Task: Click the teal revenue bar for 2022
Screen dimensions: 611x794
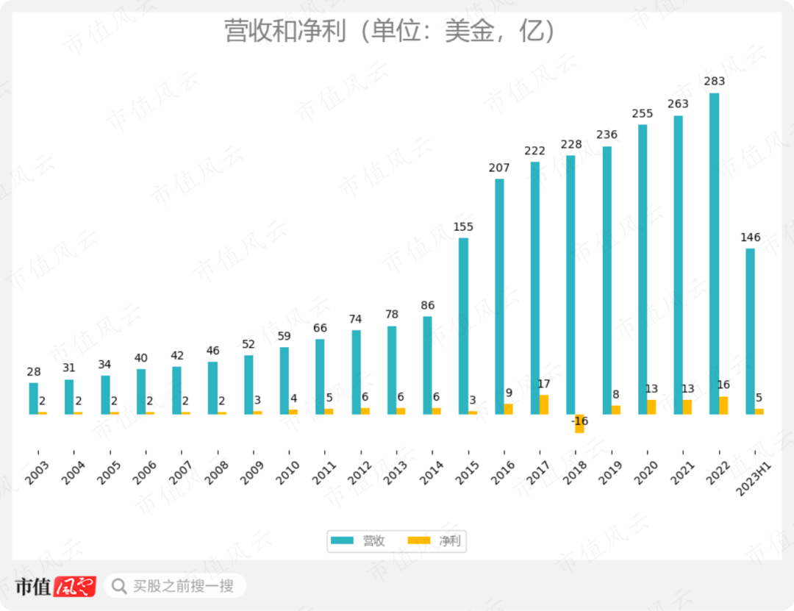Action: coord(714,254)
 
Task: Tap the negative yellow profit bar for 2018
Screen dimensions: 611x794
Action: coord(579,424)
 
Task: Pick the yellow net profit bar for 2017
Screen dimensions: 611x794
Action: coord(544,404)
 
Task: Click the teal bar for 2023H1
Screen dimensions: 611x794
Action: coord(750,331)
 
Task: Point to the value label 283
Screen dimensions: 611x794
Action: coord(714,81)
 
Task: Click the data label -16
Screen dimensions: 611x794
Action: coord(579,421)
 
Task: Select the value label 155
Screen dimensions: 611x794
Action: coord(463,226)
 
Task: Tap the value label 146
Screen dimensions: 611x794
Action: coord(750,237)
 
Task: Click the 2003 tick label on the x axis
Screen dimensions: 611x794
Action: coord(37,472)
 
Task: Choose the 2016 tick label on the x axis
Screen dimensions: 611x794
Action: coord(503,472)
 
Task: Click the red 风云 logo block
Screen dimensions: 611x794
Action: coord(75,586)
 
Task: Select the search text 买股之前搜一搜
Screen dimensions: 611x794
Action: coord(183,586)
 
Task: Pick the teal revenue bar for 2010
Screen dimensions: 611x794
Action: coord(284,381)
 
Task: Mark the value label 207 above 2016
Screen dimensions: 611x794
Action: coord(499,168)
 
